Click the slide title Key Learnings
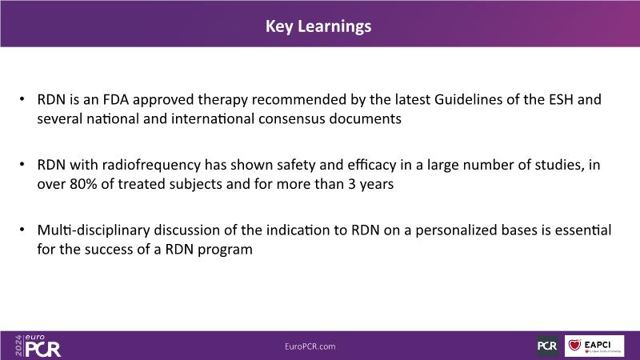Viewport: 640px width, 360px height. (318, 26)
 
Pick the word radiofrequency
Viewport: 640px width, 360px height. (151, 165)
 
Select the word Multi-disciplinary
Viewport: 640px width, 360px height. (94, 230)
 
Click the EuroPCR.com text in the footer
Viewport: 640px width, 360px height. (310, 346)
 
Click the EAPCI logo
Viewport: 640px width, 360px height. (594, 346)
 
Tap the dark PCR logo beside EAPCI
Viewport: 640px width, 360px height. (547, 346)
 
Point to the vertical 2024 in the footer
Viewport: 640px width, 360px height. (18, 346)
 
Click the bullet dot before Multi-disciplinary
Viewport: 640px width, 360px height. (22, 230)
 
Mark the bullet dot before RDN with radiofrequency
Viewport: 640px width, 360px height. (22, 165)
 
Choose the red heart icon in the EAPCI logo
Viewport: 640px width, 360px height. (574, 345)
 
